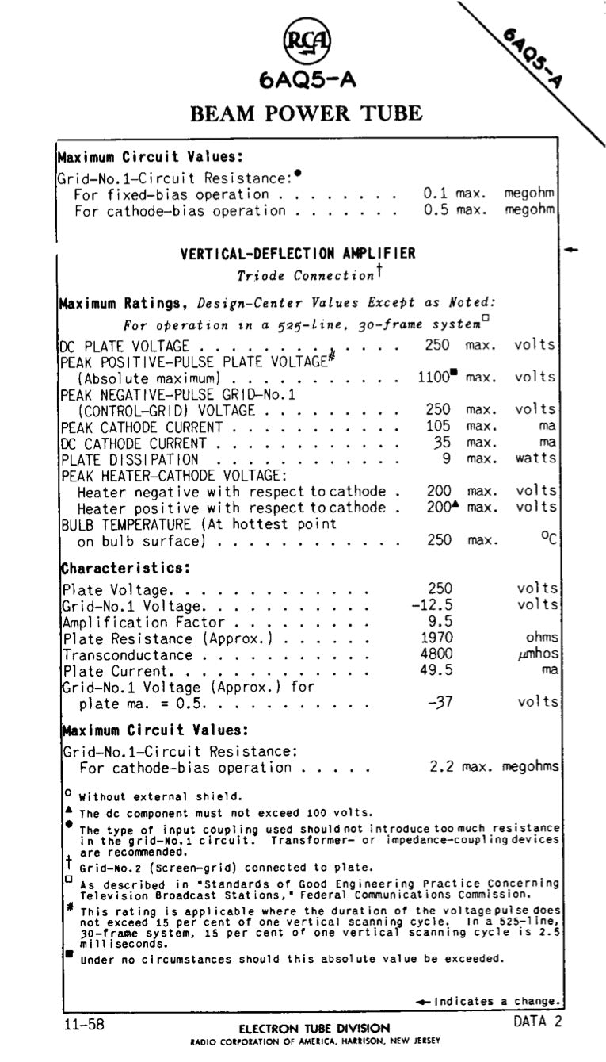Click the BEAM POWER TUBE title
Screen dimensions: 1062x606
pos(307,113)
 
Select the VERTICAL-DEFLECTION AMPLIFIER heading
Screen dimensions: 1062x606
pos(298,254)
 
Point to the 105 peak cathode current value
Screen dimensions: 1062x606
pos(438,427)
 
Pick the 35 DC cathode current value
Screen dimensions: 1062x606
pos(441,443)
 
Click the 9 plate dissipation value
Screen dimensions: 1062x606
pos(447,459)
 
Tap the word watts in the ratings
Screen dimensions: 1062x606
pos(536,459)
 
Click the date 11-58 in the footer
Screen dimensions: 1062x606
pos(84,1024)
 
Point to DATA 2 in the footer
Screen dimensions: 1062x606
pos(537,1022)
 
